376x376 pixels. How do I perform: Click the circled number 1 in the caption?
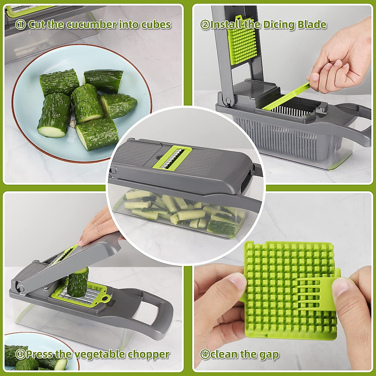tap(20, 25)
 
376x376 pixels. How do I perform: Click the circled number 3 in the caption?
tap(20, 355)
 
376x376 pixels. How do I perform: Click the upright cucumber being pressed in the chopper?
tap(78, 282)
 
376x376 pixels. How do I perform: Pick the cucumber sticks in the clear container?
tap(179, 210)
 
